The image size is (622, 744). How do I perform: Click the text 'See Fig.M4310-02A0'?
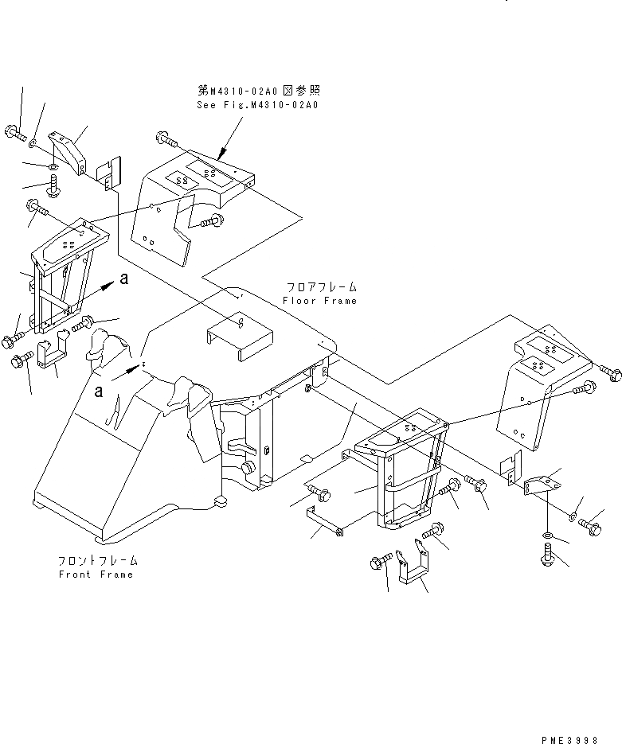(256, 104)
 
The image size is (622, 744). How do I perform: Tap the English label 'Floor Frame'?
(319, 301)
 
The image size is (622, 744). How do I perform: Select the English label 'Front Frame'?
(96, 575)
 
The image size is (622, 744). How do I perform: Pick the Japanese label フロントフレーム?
(96, 560)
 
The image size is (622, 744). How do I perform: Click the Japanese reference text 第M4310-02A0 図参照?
(259, 91)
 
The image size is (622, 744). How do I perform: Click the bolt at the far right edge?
(609, 370)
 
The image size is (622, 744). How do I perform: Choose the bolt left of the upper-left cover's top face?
(168, 140)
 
